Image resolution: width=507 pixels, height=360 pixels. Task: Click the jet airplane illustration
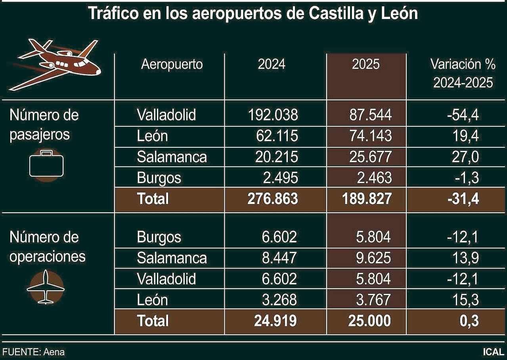(55, 64)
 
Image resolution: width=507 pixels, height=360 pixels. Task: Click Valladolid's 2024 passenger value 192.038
(273, 115)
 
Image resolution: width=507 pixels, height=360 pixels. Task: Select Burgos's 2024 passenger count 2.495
(280, 178)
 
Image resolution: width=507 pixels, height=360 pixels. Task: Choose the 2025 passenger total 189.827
(366, 198)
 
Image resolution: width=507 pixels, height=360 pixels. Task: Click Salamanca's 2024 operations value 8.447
(279, 258)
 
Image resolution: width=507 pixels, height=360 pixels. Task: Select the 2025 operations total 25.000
(369, 320)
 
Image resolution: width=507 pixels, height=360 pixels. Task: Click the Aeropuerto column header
(172, 64)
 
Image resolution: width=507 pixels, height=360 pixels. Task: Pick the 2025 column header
(365, 64)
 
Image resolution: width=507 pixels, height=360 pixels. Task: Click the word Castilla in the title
(339, 13)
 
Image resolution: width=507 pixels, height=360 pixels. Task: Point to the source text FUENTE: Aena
(34, 352)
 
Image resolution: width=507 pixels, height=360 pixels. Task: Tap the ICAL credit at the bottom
(493, 352)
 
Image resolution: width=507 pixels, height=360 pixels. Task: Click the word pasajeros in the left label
(40, 135)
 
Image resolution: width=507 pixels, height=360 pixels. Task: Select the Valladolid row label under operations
(166, 279)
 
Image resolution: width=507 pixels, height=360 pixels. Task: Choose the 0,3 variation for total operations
(469, 320)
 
